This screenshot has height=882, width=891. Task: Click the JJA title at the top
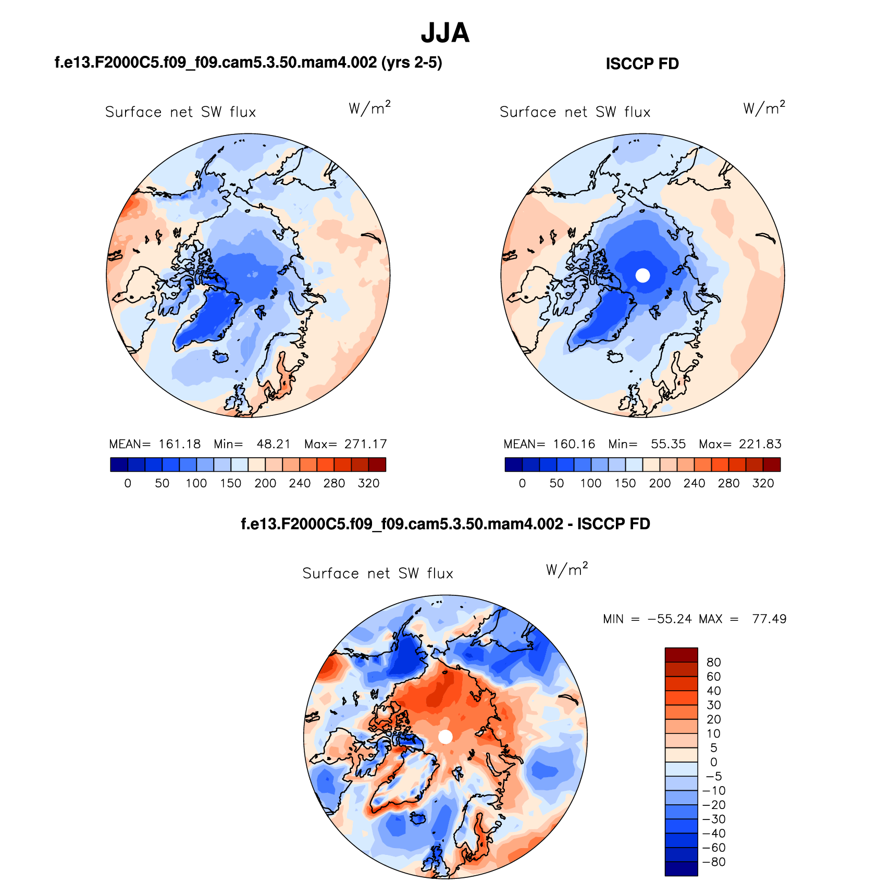(x=445, y=33)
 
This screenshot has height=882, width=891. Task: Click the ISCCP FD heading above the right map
(x=642, y=64)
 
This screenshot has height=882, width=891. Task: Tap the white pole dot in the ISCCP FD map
(x=643, y=275)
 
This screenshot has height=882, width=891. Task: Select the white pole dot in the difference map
(x=445, y=737)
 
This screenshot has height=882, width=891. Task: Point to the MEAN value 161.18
(x=179, y=444)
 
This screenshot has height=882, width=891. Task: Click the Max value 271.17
(x=365, y=444)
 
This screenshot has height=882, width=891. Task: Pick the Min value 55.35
(x=668, y=444)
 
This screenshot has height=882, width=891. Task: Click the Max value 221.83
(x=760, y=444)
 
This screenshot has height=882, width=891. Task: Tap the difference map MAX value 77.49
(x=769, y=619)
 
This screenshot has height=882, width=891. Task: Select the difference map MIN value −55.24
(x=670, y=619)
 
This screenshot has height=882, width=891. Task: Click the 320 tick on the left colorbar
(x=368, y=483)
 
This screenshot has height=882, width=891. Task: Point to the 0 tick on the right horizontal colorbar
(x=522, y=483)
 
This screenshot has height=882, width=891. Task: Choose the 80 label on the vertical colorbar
(x=713, y=662)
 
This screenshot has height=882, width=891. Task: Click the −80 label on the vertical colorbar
(x=714, y=862)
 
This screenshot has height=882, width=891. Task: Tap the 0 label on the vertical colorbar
(x=713, y=762)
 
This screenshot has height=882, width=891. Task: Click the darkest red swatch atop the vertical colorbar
(x=681, y=655)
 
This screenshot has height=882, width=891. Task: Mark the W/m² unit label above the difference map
(x=567, y=569)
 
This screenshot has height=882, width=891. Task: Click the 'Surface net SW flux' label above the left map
(x=180, y=112)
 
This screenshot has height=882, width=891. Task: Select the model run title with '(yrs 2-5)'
(x=248, y=63)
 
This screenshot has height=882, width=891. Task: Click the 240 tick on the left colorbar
(x=300, y=483)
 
